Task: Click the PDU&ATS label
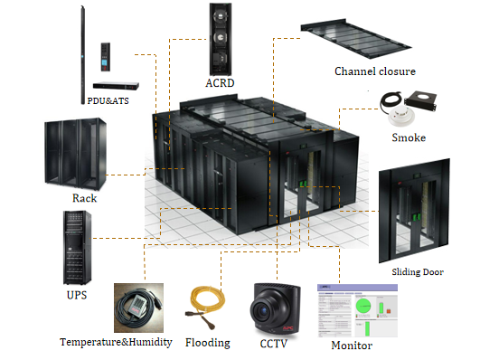(x=108, y=99)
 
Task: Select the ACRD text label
(x=220, y=83)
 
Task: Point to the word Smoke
(x=409, y=137)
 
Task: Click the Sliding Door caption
(x=418, y=271)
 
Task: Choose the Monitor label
(x=351, y=346)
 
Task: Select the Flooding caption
(x=207, y=343)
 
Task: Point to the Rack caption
(x=84, y=197)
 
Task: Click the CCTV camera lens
(x=270, y=309)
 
